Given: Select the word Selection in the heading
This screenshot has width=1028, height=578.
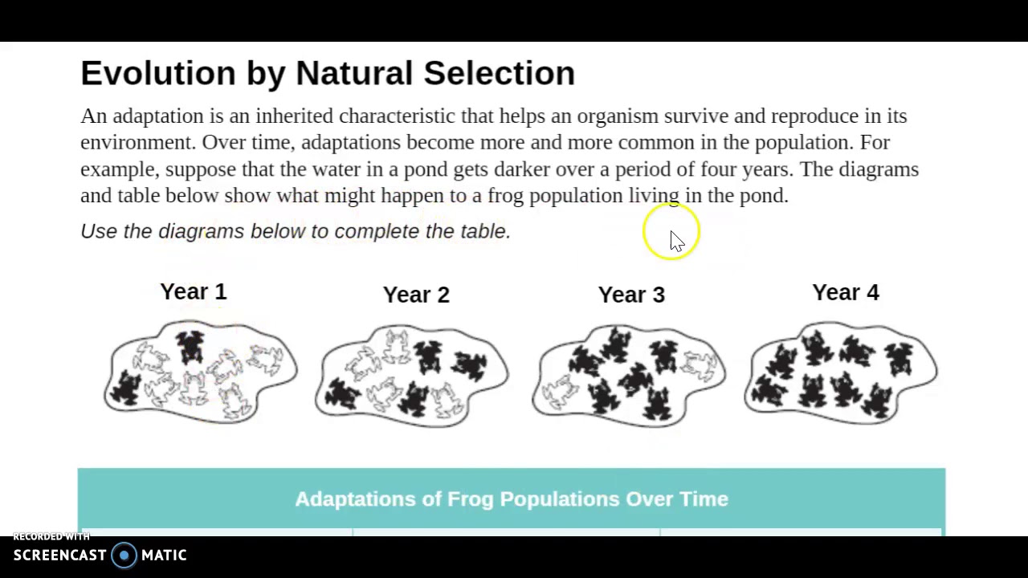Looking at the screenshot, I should click(499, 73).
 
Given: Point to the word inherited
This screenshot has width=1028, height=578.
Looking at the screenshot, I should click(294, 116).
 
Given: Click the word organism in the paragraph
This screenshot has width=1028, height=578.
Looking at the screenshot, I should click(618, 116).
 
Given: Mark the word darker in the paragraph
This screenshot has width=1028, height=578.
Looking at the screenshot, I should click(522, 169).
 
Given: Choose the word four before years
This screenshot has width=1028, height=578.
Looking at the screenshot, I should click(719, 169).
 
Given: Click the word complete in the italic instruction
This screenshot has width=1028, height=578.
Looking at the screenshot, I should click(377, 231).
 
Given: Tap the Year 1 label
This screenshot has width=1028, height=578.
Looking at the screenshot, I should click(194, 291).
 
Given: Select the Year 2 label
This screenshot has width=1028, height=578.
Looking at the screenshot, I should click(416, 295).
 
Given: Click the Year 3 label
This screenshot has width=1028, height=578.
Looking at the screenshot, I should click(631, 295).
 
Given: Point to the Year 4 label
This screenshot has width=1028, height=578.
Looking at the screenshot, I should click(846, 292).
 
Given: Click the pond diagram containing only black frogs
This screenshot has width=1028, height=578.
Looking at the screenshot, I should click(840, 372).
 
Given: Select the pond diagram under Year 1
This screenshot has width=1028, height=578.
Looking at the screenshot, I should click(201, 372).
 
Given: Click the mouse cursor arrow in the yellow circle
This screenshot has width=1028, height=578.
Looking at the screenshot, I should click(676, 241).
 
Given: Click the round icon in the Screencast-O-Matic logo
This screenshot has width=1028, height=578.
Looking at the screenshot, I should click(124, 556).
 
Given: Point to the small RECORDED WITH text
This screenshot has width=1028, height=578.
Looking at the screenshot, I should click(51, 536).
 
